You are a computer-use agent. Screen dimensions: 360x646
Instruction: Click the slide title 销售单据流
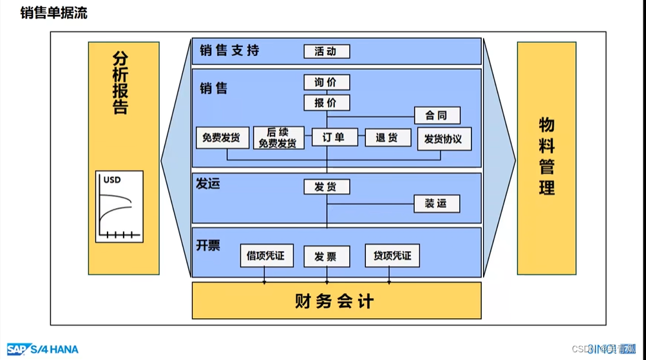pyautogui.click(x=54, y=14)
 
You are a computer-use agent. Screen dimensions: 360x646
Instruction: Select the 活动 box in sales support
pyautogui.click(x=327, y=52)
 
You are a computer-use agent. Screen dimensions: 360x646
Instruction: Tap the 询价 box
pyautogui.click(x=327, y=82)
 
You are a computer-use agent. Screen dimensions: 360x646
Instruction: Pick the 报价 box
pyautogui.click(x=327, y=103)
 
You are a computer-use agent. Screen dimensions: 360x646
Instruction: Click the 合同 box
pyautogui.click(x=437, y=116)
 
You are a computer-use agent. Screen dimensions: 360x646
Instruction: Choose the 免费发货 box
pyautogui.click(x=222, y=138)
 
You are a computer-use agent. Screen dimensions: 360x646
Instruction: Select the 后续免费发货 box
pyautogui.click(x=278, y=138)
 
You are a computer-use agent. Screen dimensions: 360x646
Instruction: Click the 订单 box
pyautogui.click(x=334, y=137)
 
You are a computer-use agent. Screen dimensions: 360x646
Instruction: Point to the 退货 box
pyautogui.click(x=388, y=138)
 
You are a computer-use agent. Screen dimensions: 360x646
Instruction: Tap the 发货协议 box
pyautogui.click(x=444, y=139)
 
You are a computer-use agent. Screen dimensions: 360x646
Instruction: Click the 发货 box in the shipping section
pyautogui.click(x=327, y=187)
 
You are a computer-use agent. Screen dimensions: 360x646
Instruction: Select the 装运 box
pyautogui.click(x=436, y=204)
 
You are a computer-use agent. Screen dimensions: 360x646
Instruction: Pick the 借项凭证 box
pyautogui.click(x=266, y=256)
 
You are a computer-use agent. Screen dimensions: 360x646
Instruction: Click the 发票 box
pyautogui.click(x=327, y=256)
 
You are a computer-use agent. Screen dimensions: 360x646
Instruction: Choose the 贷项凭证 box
pyautogui.click(x=392, y=256)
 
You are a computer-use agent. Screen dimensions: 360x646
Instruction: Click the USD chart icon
pyautogui.click(x=119, y=206)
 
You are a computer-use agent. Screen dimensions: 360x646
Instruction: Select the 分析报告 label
pyautogui.click(x=120, y=82)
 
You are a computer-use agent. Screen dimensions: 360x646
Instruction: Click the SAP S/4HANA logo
pyautogui.click(x=43, y=349)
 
